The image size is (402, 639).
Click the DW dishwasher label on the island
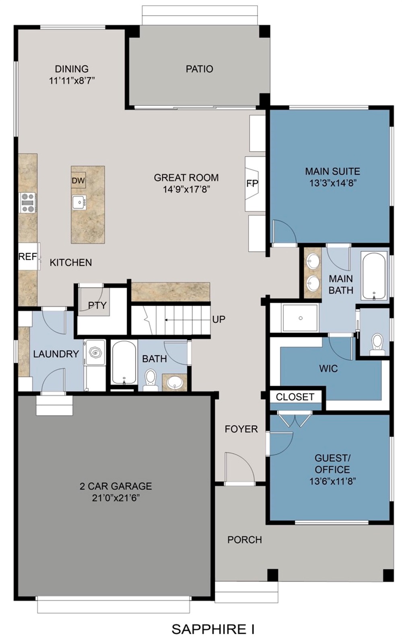click(78, 180)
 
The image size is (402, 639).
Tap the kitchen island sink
click(79, 203)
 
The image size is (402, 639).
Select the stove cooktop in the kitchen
click(28, 203)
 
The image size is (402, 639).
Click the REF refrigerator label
click(28, 256)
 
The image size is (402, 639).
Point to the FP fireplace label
click(252, 184)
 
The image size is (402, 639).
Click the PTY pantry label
click(97, 305)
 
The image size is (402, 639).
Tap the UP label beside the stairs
click(219, 319)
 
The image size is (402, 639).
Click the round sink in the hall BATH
click(174, 382)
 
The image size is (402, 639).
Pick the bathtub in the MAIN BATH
click(374, 275)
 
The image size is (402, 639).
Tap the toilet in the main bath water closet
click(377, 344)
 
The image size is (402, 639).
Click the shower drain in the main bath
click(301, 318)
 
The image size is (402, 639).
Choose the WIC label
click(328, 368)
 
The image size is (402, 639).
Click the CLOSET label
click(295, 397)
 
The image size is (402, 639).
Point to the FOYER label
click(241, 429)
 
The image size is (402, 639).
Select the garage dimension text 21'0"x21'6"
click(116, 498)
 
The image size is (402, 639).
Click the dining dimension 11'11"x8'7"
click(72, 81)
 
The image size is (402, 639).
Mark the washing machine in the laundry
click(95, 352)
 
